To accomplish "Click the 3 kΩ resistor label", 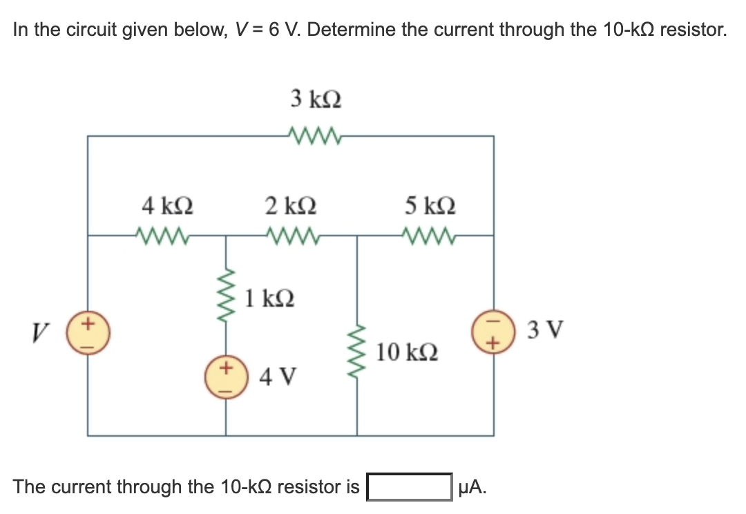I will (x=316, y=99).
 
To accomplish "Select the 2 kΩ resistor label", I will (x=291, y=206).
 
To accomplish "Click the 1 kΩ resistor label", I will (x=270, y=298).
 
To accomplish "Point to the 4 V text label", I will (x=278, y=378).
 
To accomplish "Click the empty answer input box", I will (x=409, y=486).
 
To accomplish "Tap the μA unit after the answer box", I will (x=472, y=486).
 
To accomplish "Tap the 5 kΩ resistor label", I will (x=431, y=206).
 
